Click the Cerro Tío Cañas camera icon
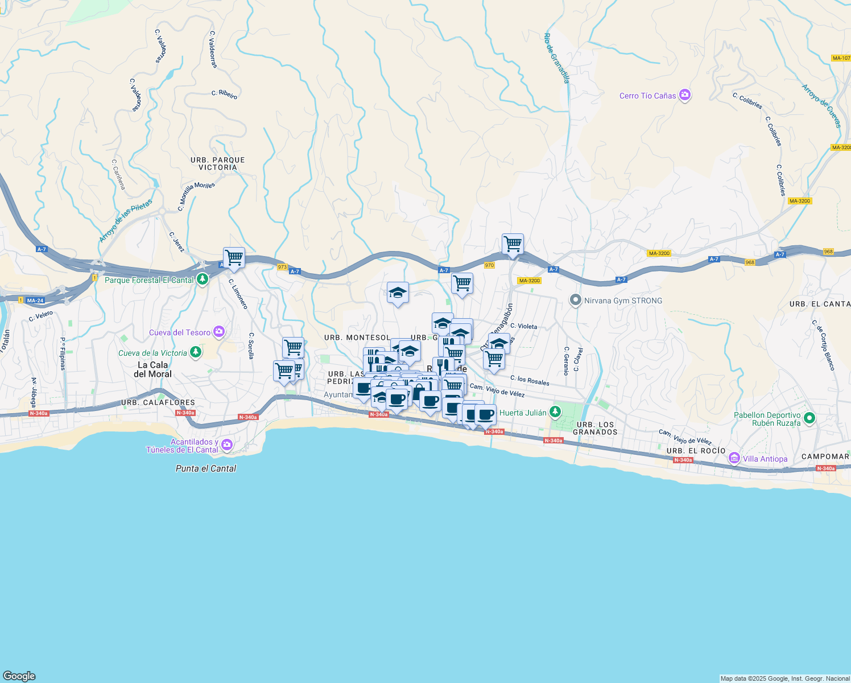[x=685, y=95]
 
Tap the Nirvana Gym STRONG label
[x=623, y=301]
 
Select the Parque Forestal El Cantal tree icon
[x=202, y=279]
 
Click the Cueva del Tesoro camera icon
[x=219, y=332]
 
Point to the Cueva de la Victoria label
[x=152, y=353]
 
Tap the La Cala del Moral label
[x=152, y=369]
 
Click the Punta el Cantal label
[x=206, y=468]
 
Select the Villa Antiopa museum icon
[x=734, y=458]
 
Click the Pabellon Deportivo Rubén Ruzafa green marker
[x=809, y=418]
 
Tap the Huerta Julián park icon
[x=556, y=412]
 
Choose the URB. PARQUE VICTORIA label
[x=218, y=164]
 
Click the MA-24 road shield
[x=35, y=301]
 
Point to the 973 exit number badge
[x=282, y=267]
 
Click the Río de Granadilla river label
[x=556, y=58]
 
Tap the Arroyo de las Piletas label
[x=126, y=221]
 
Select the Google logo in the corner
[x=19, y=676]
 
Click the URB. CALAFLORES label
[x=158, y=403]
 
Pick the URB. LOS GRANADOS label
[x=595, y=428]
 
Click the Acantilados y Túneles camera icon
[x=227, y=445]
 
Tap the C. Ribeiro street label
[x=224, y=94]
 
